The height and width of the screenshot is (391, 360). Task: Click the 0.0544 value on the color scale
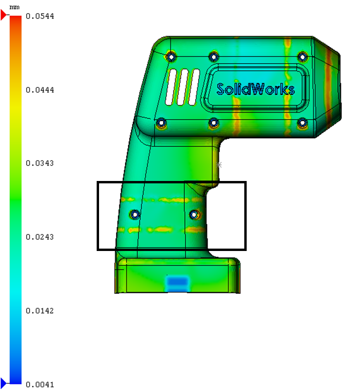tap(40, 16)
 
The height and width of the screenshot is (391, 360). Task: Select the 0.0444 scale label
tap(40, 90)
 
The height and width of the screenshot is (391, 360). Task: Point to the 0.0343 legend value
tap(40, 163)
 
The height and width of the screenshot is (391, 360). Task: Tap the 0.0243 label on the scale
tap(40, 237)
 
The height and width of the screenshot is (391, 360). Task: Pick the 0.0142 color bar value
tap(40, 311)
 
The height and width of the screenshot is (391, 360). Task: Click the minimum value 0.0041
tap(40, 384)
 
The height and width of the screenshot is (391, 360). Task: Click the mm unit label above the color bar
tap(14, 7)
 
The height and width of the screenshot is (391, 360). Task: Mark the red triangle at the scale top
tap(3, 15)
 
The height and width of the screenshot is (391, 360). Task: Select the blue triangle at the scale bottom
tap(3, 382)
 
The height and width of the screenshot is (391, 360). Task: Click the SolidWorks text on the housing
tap(256, 89)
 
